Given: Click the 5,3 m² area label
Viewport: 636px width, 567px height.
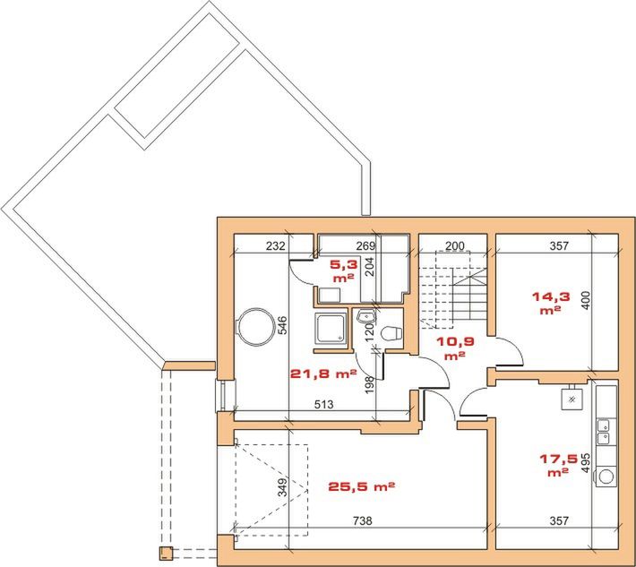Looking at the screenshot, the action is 344,271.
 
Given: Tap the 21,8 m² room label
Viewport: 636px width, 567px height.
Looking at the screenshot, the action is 323,374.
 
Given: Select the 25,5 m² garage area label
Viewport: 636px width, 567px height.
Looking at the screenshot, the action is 361,485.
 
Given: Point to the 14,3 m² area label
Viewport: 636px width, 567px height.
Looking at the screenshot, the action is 550,303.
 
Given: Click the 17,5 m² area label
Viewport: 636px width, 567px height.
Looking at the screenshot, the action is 558,465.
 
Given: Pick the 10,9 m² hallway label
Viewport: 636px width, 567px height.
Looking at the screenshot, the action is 455,348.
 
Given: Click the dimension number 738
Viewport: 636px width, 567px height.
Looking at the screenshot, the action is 362,520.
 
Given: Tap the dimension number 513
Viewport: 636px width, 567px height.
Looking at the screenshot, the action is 324,404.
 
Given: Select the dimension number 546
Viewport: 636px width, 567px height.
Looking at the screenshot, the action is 283,325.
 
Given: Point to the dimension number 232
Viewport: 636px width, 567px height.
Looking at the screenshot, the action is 275,245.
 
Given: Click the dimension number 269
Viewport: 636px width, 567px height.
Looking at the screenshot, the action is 365,245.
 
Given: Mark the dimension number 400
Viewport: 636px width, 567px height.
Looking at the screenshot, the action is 586,301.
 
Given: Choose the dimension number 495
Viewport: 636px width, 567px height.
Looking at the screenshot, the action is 585,463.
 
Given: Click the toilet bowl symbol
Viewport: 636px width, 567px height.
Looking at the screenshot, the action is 391,333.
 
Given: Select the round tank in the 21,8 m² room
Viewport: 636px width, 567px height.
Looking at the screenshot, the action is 254,326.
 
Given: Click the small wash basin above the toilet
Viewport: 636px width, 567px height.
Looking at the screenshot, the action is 365,315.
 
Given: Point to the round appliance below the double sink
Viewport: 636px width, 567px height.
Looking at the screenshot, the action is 606,477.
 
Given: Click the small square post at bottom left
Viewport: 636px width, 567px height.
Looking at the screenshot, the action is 166,554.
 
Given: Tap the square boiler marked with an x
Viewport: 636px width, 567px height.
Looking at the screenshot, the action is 572,399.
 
